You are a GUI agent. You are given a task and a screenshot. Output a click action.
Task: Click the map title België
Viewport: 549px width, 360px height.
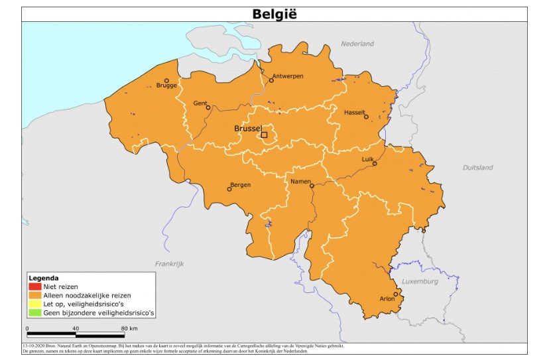coord(274,14)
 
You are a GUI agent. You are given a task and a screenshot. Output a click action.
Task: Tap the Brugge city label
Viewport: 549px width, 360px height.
coord(166,86)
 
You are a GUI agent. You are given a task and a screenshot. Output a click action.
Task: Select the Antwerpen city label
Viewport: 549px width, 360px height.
coord(288,76)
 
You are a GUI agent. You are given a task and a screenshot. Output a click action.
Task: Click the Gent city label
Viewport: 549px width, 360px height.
coord(200,103)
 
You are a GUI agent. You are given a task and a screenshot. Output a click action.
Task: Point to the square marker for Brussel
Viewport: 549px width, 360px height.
coord(264,135)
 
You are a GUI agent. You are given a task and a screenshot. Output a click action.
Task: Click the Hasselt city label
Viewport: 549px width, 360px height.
coord(355,113)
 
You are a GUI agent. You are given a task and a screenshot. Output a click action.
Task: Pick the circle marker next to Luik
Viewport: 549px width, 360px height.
coord(374,163)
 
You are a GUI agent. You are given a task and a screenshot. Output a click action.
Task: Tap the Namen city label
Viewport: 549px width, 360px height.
coord(301,181)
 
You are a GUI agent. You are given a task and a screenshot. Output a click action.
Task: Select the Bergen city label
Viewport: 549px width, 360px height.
coord(240,185)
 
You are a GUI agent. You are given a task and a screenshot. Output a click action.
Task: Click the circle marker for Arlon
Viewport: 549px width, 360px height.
coord(396,294)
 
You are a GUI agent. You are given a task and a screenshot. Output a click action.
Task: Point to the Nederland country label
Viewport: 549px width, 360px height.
coord(357,44)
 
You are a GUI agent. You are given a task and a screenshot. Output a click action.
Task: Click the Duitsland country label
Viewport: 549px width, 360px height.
coord(477,168)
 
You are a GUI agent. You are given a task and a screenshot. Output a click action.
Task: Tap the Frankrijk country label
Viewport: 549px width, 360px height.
coord(169,263)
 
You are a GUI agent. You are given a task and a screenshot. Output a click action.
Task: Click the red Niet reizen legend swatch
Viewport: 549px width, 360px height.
coord(35,286)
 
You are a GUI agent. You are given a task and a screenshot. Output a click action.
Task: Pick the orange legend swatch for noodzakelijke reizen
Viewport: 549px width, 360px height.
coord(35,295)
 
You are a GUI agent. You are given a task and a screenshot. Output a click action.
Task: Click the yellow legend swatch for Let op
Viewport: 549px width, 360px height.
coord(35,303)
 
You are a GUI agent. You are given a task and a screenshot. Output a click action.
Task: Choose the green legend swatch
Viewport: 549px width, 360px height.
coord(35,312)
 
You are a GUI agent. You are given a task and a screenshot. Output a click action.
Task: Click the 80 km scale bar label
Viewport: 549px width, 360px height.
coord(129,328)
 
